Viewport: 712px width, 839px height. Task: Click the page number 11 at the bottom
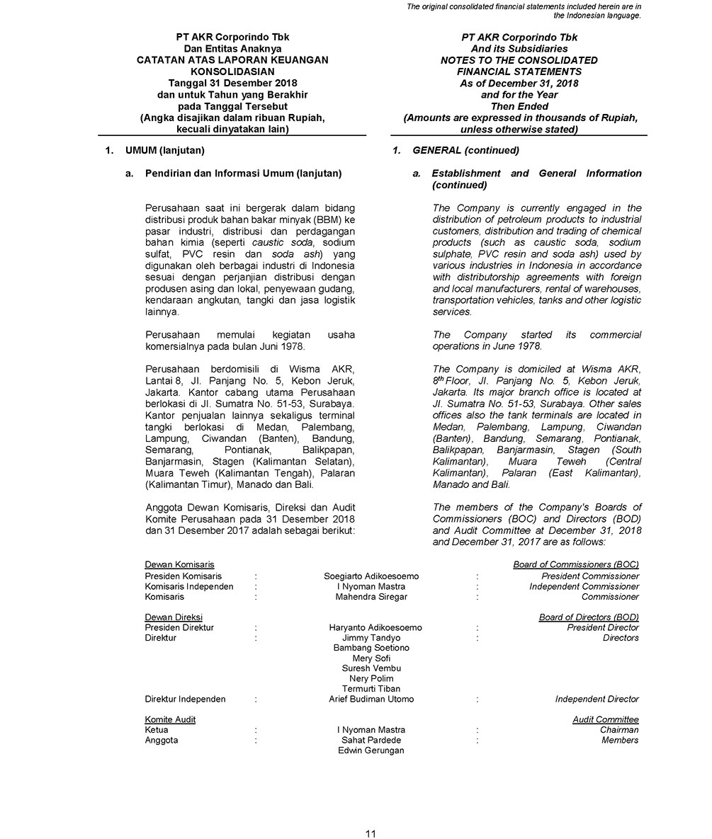(371, 833)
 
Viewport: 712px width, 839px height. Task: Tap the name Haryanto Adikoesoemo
(375, 627)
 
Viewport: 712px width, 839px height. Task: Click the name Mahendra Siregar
(371, 597)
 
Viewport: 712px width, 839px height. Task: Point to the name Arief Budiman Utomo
(371, 699)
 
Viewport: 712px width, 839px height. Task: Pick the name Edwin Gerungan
(371, 750)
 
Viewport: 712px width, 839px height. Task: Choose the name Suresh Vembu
(371, 668)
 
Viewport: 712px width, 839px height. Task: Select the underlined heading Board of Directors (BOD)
(589, 617)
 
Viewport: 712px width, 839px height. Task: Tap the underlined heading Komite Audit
(170, 720)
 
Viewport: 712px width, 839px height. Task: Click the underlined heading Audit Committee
(606, 720)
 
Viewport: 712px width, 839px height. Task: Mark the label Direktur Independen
(185, 699)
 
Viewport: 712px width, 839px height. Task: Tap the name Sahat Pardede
(371, 740)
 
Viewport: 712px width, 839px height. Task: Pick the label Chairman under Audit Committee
(618, 730)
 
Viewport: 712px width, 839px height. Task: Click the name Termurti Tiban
(371, 689)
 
